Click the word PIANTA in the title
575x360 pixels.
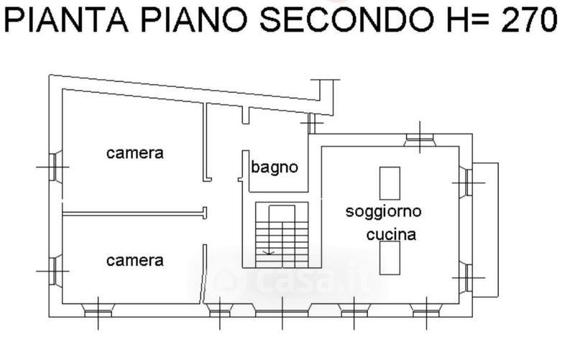pyautogui.click(x=66, y=20)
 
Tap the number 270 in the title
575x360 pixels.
pyautogui.click(x=529, y=20)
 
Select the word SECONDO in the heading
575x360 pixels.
pyautogui.click(x=346, y=20)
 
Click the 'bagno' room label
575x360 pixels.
pyautogui.click(x=275, y=167)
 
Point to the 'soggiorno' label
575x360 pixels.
pyautogui.click(x=383, y=211)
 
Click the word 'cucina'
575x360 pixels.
pyautogui.click(x=391, y=234)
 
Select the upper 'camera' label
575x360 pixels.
pyautogui.click(x=135, y=153)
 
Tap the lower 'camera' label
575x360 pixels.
pyautogui.click(x=135, y=261)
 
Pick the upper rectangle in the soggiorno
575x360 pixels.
pyautogui.click(x=390, y=183)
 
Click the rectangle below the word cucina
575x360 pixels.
pyautogui.click(x=390, y=258)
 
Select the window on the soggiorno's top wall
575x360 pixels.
pyautogui.click(x=420, y=140)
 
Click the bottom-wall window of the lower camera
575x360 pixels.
pyautogui.click(x=98, y=310)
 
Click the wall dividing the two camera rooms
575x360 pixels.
pyautogui.click(x=134, y=213)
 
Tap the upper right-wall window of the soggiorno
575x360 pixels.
pyautogui.click(x=466, y=183)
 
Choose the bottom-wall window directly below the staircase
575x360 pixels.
pyautogui.click(x=282, y=312)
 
